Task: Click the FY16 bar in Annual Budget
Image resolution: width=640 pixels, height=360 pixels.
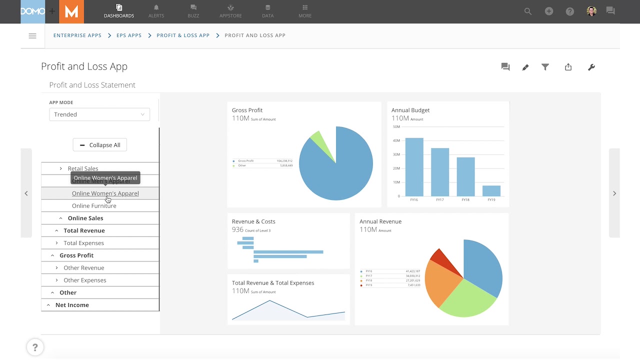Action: point(414,167)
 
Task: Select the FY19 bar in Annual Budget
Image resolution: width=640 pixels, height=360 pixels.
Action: point(491,191)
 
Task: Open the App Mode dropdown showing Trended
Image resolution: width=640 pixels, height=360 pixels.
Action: point(99,114)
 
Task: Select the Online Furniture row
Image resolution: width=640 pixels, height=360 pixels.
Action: point(94,205)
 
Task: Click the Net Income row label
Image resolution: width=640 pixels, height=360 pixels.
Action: point(72,305)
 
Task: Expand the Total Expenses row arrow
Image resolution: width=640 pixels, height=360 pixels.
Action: point(56,243)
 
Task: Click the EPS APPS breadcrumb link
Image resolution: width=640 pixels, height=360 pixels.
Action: point(129,35)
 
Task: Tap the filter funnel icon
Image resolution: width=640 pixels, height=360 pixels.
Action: point(545,67)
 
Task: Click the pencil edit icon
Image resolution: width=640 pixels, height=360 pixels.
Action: point(525,67)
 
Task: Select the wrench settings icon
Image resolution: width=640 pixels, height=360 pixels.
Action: point(591,67)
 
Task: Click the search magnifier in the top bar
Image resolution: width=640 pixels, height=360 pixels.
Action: point(528,11)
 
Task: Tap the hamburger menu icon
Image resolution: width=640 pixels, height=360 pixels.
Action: point(32,36)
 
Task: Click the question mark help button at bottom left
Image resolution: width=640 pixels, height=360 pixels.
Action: point(35,347)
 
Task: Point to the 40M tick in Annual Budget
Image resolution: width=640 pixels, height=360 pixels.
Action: point(396,140)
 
